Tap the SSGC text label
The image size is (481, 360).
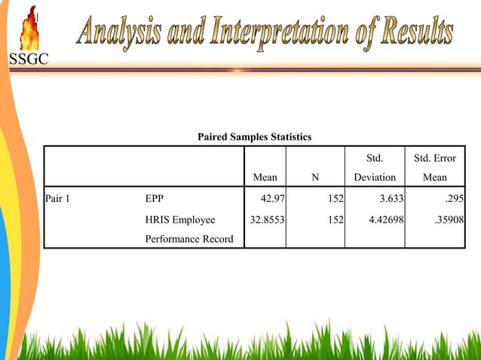[x=28, y=60]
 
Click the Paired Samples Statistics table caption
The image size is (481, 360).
[x=254, y=137]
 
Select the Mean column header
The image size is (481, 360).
[x=265, y=178]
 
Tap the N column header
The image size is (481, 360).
[x=315, y=178]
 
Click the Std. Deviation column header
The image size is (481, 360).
[x=375, y=169]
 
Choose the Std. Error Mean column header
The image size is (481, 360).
[x=434, y=169]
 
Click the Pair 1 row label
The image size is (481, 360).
[x=57, y=200]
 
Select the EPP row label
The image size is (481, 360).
[x=154, y=200]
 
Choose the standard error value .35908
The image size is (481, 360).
[x=446, y=220]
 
